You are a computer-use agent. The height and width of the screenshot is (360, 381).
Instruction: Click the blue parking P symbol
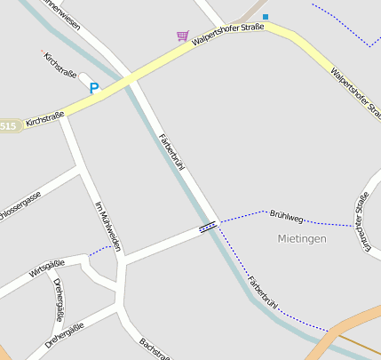(93, 88)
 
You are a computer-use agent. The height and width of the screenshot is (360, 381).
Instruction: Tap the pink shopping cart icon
(182, 36)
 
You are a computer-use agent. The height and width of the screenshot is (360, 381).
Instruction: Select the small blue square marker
(265, 16)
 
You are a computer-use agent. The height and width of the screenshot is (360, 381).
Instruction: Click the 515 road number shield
(8, 126)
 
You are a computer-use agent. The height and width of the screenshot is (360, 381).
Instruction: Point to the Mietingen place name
(302, 238)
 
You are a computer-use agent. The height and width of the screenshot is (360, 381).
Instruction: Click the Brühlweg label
(286, 216)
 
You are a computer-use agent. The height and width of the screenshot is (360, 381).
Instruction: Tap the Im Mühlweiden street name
(107, 226)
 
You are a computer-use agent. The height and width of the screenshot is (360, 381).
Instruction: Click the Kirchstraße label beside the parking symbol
(60, 66)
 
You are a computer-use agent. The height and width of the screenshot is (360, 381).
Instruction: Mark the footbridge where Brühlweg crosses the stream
(208, 228)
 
